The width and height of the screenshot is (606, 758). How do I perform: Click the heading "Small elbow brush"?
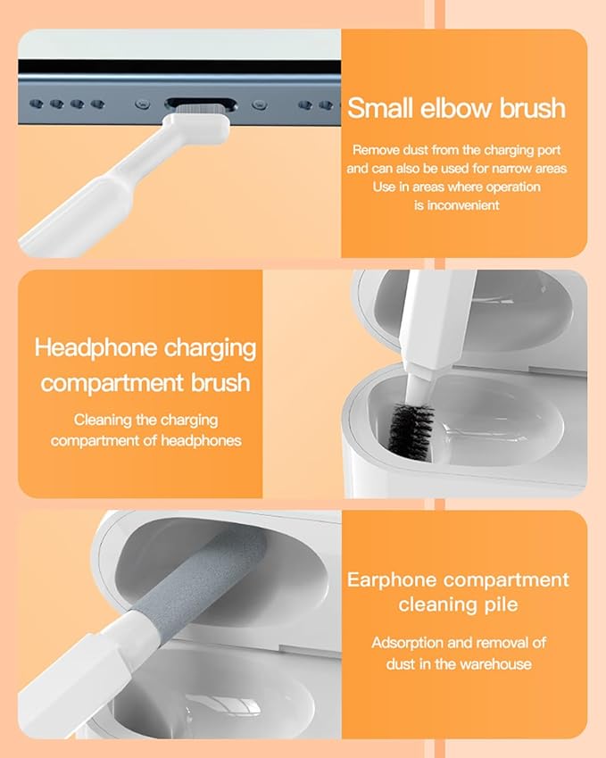coord(456,108)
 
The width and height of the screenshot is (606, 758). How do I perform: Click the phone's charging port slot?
coord(201,104)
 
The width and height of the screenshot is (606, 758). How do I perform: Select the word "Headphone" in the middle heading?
coord(95,347)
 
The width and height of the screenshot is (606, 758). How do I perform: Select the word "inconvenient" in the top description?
coord(456,204)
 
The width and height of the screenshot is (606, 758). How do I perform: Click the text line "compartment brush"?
coord(145,384)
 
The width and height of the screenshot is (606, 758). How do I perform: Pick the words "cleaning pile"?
coord(458,604)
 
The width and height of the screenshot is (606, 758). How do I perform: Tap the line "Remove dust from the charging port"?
coord(456,150)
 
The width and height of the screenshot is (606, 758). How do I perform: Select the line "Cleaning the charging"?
coord(145,420)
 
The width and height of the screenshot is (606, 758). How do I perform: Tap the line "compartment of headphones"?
coord(145,440)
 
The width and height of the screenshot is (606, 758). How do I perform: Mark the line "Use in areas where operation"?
coord(456,187)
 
